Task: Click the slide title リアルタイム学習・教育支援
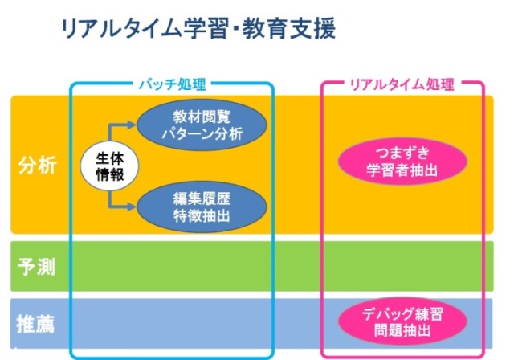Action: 198,30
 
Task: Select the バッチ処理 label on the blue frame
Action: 172,84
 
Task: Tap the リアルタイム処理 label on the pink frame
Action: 402,84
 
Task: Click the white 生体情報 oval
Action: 110,166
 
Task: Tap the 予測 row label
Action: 37,267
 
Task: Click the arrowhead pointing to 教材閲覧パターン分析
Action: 133,125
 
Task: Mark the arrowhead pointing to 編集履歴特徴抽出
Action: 133,207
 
